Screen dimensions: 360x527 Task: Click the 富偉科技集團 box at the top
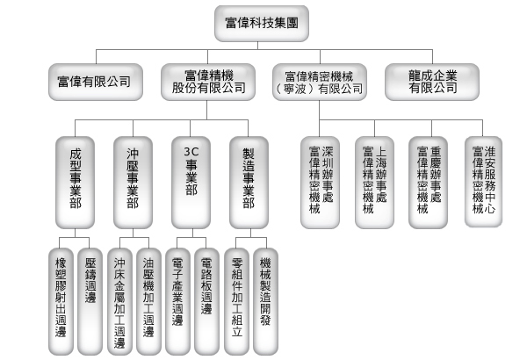pyautogui.click(x=262, y=23)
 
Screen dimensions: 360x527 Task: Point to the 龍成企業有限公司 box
pyautogui.click(x=433, y=82)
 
